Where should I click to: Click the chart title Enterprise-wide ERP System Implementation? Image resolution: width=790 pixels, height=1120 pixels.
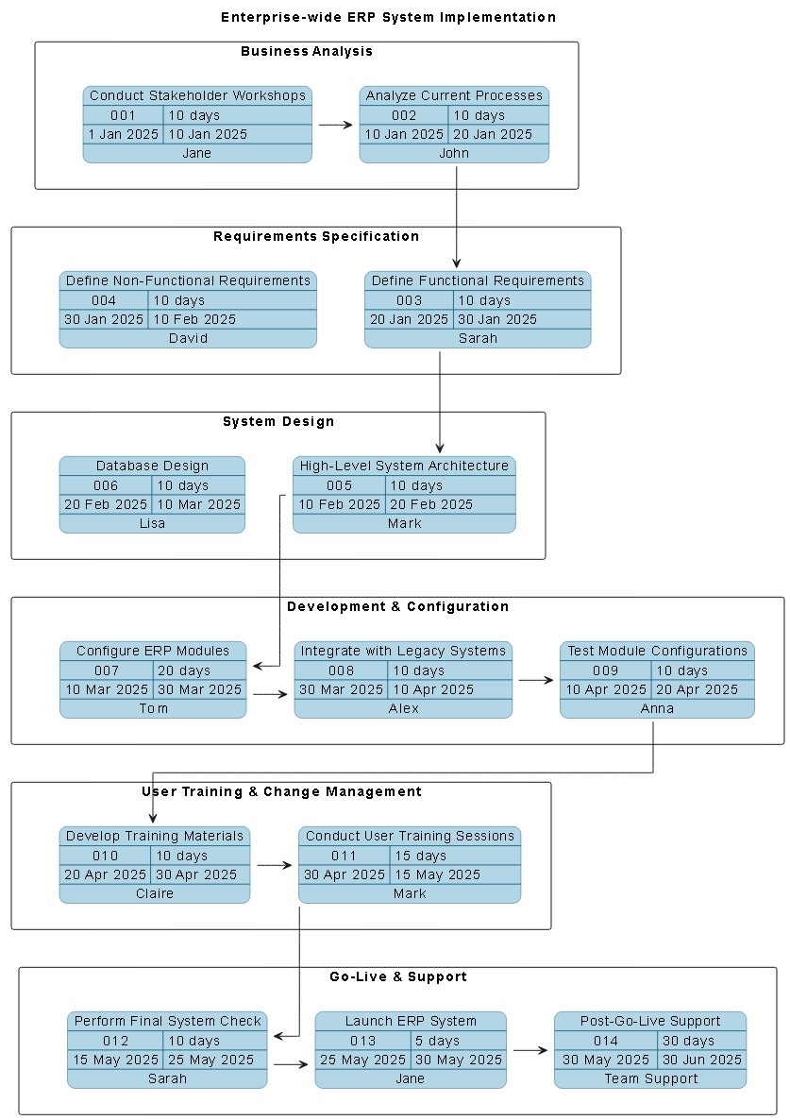[388, 17]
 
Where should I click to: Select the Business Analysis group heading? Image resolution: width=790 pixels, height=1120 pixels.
[306, 51]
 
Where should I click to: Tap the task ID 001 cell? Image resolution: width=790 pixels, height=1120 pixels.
[124, 115]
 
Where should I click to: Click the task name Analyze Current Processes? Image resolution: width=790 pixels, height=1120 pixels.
[454, 95]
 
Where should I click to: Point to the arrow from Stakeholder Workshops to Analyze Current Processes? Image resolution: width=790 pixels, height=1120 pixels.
[335, 125]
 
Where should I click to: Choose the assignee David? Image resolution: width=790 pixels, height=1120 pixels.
[188, 338]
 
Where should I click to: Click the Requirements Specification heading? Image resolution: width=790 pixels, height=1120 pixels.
[315, 236]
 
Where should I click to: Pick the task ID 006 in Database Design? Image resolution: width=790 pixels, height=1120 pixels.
[106, 485]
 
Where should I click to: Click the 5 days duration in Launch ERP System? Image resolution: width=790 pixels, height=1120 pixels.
[438, 1041]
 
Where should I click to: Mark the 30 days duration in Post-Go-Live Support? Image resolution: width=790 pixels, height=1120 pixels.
[688, 1041]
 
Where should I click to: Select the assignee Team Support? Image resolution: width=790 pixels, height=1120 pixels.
[650, 1078]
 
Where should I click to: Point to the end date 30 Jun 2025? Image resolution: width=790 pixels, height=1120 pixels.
[702, 1060]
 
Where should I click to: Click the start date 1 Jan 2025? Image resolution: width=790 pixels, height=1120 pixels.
[124, 134]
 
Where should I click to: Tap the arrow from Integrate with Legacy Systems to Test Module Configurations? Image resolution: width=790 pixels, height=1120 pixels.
[536, 680]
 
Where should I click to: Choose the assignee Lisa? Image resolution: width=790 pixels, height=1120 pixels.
[152, 523]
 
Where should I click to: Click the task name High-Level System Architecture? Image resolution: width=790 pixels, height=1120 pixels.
[404, 466]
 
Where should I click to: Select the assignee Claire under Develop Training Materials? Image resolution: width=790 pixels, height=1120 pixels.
[155, 893]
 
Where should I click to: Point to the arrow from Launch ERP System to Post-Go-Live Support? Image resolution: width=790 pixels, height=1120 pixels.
[529, 1050]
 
